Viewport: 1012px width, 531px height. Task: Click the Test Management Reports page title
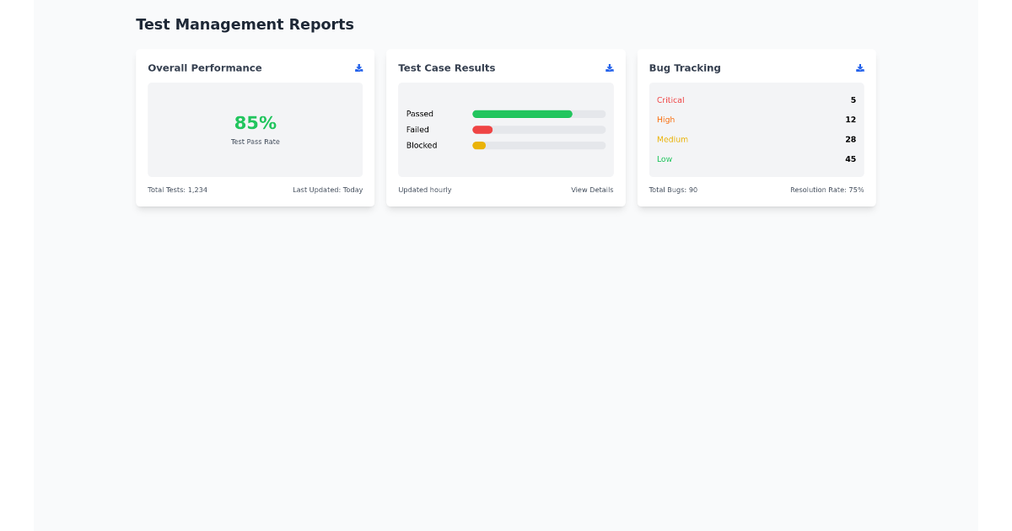245,24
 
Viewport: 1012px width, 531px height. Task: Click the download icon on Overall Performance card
358,68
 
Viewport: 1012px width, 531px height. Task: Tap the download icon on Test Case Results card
609,68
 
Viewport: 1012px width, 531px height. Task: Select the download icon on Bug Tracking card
859,68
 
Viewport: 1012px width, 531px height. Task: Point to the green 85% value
255,123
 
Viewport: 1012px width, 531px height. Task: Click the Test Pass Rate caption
255,142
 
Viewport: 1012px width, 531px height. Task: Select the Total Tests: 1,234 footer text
177,190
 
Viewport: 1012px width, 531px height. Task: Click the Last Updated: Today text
327,190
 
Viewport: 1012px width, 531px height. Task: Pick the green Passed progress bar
522,114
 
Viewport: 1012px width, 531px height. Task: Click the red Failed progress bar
482,130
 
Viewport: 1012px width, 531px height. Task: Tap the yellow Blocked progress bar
479,146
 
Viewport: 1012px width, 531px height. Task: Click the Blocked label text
422,146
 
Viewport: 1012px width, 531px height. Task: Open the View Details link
592,190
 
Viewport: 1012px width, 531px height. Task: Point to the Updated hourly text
424,190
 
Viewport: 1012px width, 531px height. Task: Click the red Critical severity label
670,100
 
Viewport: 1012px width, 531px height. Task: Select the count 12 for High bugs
850,120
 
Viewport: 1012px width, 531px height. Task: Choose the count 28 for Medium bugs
850,139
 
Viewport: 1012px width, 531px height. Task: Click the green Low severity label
665,159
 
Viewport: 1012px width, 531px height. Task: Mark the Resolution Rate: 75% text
826,190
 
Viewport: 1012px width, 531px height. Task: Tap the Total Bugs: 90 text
673,190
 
